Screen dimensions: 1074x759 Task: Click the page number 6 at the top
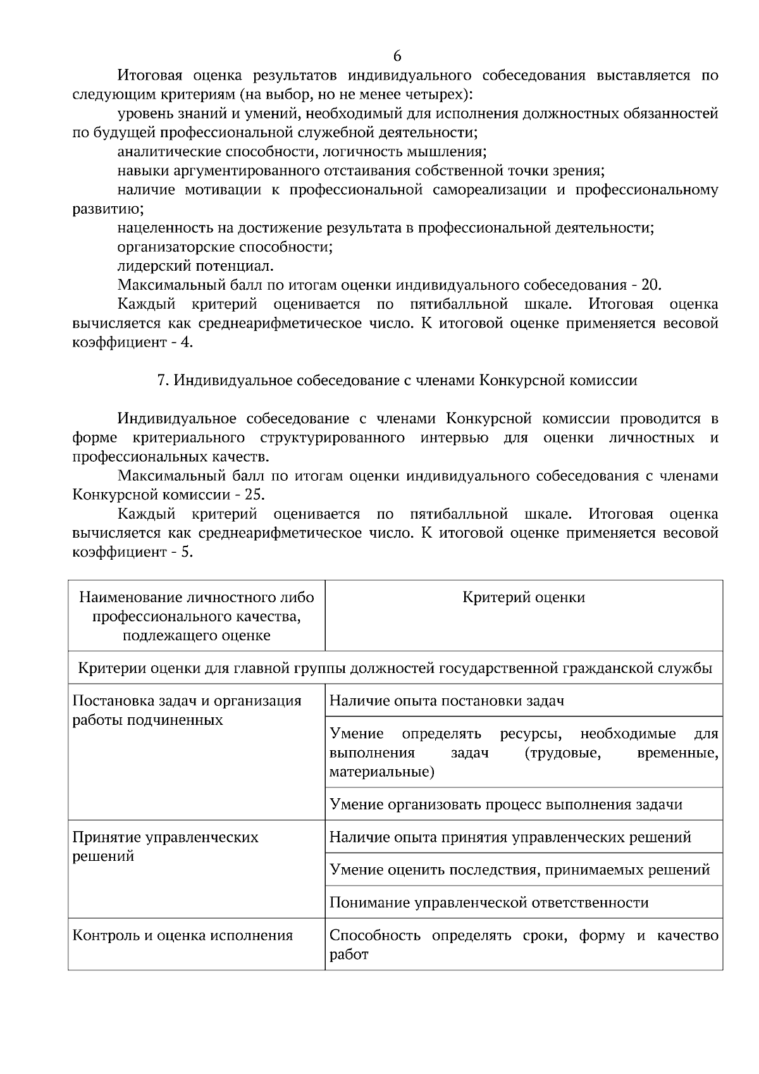[397, 56]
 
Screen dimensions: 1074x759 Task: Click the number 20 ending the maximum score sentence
[651, 285]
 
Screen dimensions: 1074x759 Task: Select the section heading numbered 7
[397, 380]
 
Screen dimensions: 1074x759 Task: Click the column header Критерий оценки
[524, 597]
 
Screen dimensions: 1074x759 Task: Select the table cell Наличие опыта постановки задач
[447, 700]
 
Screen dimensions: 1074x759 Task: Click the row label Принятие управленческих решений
[166, 846]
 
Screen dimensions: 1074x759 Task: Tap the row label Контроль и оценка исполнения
[183, 935]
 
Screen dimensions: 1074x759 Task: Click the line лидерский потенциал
[195, 266]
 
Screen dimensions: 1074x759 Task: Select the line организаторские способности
[225, 247]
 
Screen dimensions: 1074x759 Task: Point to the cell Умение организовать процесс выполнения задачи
[506, 804]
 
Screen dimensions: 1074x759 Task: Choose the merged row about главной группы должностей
[395, 668]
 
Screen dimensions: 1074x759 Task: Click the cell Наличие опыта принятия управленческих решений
[510, 837]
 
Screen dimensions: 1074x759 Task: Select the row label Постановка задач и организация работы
[187, 710]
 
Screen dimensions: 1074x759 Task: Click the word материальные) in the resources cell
[382, 772]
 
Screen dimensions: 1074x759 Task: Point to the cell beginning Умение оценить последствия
[519, 870]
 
